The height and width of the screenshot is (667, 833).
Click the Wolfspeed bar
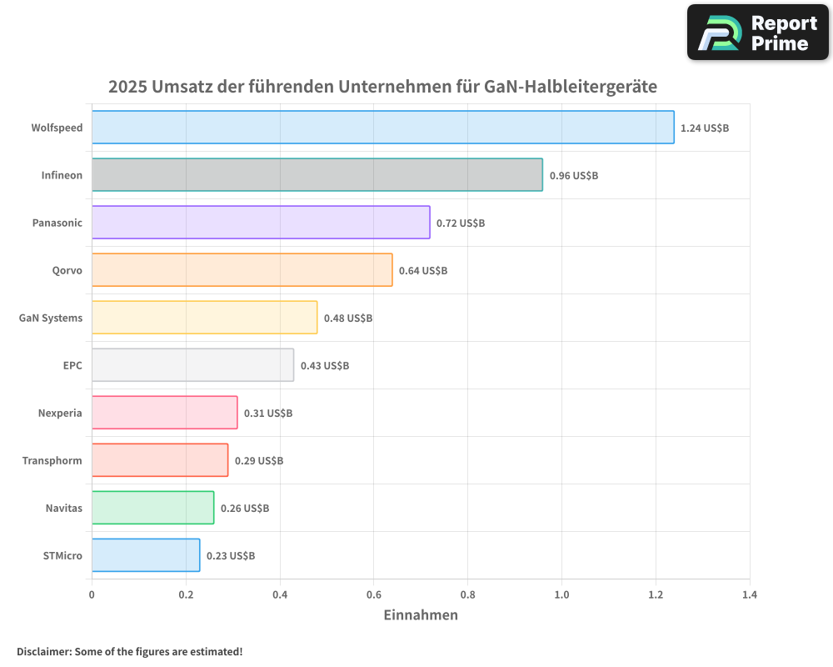(382, 128)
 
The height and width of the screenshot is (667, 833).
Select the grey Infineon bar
(317, 175)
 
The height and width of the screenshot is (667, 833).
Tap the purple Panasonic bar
(261, 223)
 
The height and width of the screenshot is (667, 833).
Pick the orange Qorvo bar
(242, 270)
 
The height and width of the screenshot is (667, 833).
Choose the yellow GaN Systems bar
(204, 318)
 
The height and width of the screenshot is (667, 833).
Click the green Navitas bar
(152, 508)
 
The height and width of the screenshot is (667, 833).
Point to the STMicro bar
(146, 555)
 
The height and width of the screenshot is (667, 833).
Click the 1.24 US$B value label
(705, 128)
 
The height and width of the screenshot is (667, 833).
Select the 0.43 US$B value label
(325, 366)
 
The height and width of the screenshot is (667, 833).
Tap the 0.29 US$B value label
(259, 461)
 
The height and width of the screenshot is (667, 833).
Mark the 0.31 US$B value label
(268, 414)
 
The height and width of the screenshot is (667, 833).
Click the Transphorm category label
(52, 461)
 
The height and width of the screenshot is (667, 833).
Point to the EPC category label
(72, 366)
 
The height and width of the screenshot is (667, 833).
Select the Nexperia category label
(60, 414)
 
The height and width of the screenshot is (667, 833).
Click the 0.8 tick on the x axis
(467, 595)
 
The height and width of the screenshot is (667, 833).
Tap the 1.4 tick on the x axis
(750, 595)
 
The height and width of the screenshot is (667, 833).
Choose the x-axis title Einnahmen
(421, 615)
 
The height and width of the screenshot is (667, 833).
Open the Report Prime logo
(758, 33)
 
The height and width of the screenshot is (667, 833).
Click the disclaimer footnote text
(130, 652)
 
